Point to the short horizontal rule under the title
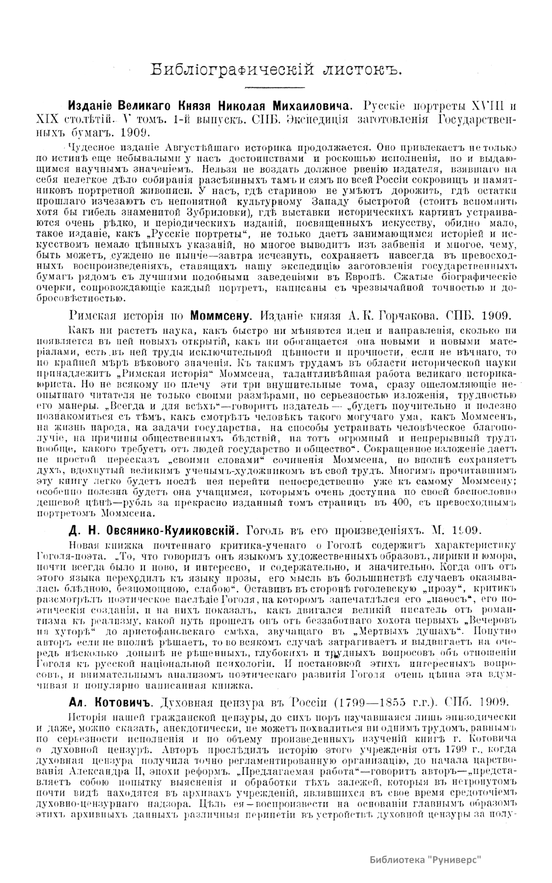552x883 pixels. (275, 87)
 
